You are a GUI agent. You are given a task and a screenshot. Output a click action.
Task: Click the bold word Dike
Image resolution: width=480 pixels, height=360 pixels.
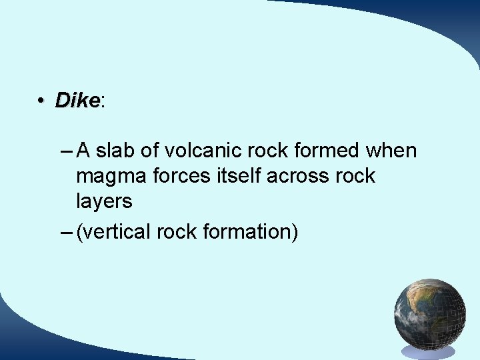tap(77, 101)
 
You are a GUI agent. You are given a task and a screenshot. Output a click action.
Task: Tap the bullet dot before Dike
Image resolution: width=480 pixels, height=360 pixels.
tap(41, 101)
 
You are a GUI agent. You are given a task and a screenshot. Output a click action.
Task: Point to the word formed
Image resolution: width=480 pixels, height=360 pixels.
tap(325, 151)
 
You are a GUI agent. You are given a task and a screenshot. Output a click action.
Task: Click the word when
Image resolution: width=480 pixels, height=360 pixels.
tap(391, 151)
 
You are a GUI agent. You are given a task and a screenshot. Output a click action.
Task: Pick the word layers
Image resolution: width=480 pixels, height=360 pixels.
tap(104, 201)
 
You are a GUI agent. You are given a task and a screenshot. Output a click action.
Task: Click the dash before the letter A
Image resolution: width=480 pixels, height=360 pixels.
tap(65, 151)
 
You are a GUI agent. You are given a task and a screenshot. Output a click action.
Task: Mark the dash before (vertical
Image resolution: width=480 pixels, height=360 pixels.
tap(65, 232)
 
